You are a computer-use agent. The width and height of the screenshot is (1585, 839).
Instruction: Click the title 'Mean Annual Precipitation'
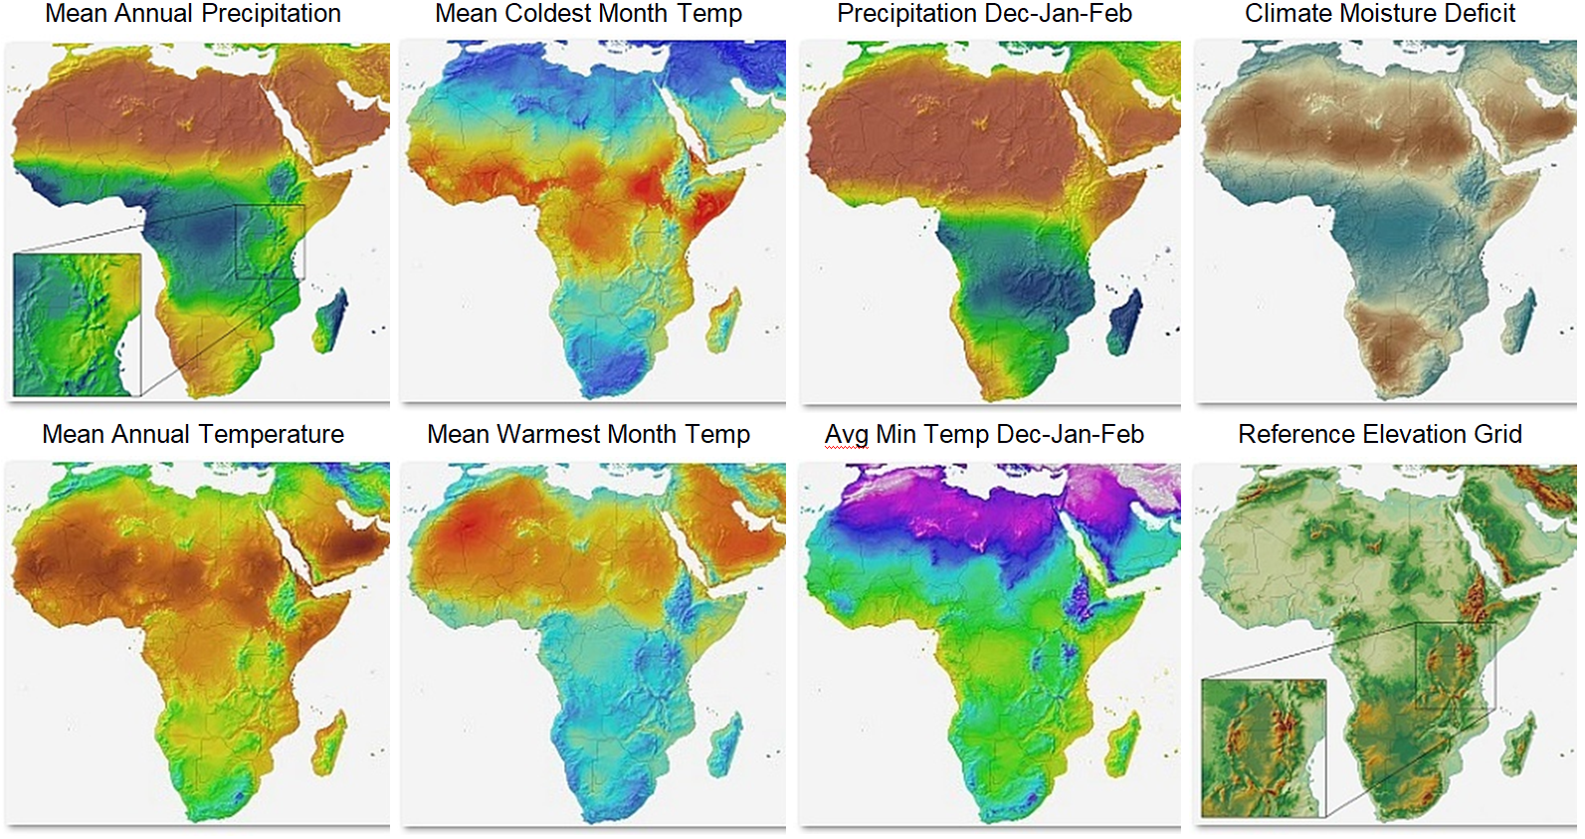click(x=193, y=14)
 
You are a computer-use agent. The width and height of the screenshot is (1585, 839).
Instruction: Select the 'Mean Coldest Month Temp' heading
click(x=588, y=14)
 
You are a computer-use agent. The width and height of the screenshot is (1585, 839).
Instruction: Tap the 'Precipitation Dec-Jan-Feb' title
click(x=984, y=14)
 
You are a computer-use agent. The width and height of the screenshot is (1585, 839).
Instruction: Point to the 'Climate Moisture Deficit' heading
click(x=1379, y=14)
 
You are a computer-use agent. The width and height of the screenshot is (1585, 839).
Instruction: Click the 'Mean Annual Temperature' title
click(x=193, y=435)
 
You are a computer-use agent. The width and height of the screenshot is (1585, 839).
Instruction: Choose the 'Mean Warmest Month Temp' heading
click(x=588, y=435)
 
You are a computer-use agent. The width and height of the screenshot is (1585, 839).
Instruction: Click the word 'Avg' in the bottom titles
click(x=846, y=435)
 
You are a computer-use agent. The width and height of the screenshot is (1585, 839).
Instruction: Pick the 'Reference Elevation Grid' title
click(x=1379, y=435)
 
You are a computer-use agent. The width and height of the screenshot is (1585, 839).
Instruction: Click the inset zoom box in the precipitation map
click(x=78, y=324)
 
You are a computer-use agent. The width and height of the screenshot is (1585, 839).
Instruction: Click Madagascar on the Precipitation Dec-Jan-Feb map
click(x=1125, y=322)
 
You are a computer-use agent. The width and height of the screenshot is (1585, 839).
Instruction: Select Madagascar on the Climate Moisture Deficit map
click(x=1519, y=320)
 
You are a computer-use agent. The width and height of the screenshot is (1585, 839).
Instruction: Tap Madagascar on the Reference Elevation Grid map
click(x=1519, y=742)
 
